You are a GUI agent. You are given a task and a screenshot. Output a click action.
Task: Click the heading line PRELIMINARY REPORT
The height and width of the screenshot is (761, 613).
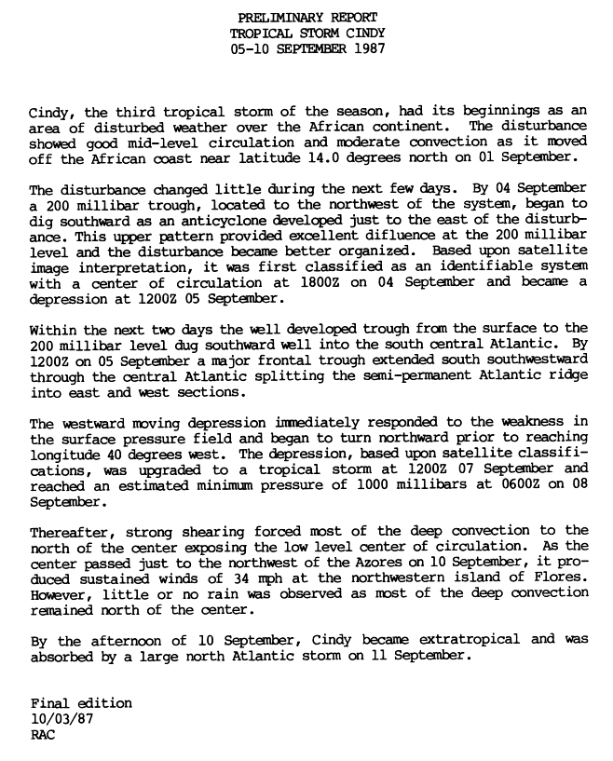tap(309, 18)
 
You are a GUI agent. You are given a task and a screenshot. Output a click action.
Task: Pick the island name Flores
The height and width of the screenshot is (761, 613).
tap(563, 575)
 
